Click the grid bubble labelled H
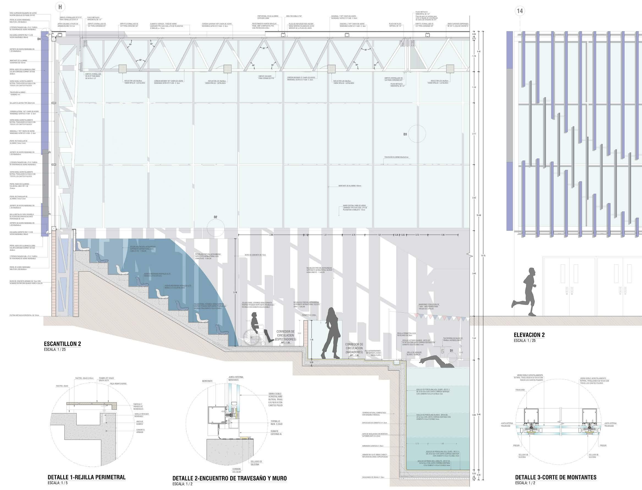(x=60, y=7)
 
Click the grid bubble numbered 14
(x=520, y=11)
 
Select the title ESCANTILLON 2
(x=62, y=344)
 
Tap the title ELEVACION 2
(x=529, y=335)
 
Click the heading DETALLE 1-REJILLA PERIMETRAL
(x=87, y=477)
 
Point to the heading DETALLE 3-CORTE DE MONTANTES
(x=555, y=477)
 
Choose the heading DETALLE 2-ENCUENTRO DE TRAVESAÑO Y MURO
(x=230, y=478)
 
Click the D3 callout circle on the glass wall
(x=417, y=134)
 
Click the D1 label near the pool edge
(x=452, y=350)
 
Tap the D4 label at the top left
(x=39, y=38)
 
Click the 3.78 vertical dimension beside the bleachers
(x=235, y=293)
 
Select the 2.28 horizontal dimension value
(x=271, y=235)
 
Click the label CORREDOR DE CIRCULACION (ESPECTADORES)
(x=286, y=335)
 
